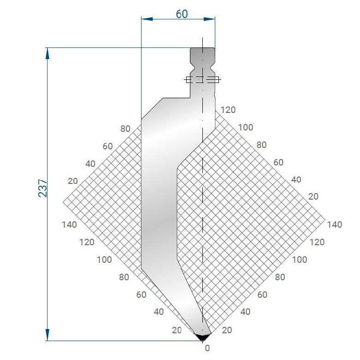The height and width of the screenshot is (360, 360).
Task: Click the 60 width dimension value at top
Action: tap(182, 14)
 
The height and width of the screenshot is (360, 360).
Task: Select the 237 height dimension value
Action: tap(42, 188)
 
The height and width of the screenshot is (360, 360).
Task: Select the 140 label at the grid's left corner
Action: tap(69, 224)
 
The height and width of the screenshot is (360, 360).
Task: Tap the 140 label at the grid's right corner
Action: tap(335, 224)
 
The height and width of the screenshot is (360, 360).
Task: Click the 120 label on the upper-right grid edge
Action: tap(228, 110)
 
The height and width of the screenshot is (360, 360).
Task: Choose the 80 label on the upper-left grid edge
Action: tap(125, 129)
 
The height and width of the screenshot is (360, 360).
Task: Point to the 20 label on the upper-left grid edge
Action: tap(73, 181)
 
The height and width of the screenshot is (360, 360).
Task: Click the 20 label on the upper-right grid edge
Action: tap(313, 196)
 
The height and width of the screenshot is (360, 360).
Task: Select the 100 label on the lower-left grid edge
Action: tap(104, 260)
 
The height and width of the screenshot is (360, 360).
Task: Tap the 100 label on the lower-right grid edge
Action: tap(300, 260)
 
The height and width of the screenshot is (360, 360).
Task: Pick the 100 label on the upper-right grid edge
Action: tap(246, 127)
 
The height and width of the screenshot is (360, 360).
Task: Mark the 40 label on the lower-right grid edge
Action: tap(245, 312)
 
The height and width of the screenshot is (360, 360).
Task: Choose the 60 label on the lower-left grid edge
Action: tap(141, 295)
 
